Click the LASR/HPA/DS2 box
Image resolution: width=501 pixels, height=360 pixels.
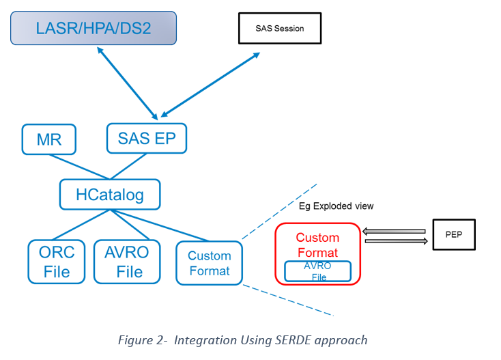94,28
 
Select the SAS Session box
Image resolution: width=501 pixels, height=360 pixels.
280,28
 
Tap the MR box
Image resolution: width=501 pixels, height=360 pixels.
49,139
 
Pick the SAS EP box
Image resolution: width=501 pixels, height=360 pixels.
147,139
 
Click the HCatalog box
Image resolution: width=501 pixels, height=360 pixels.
110,195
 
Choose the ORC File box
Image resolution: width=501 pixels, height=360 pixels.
57,262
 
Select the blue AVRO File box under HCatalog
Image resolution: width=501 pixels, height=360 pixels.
127,262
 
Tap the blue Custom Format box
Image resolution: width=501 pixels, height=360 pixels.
210,263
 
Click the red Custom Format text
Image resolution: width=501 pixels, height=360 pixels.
317,245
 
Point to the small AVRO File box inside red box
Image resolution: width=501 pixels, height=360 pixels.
317,271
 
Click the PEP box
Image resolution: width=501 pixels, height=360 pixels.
454,234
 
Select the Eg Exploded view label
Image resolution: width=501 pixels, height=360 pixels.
336,206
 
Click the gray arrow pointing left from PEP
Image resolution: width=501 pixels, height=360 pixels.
394,231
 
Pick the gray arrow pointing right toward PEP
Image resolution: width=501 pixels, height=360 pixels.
396,241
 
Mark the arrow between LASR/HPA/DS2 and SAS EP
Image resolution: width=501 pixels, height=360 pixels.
128,83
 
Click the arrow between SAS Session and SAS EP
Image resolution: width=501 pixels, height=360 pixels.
210,85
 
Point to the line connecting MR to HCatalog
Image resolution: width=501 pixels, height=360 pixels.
79,167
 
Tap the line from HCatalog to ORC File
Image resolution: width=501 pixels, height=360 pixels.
81,225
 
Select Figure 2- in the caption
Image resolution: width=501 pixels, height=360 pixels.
143,340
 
